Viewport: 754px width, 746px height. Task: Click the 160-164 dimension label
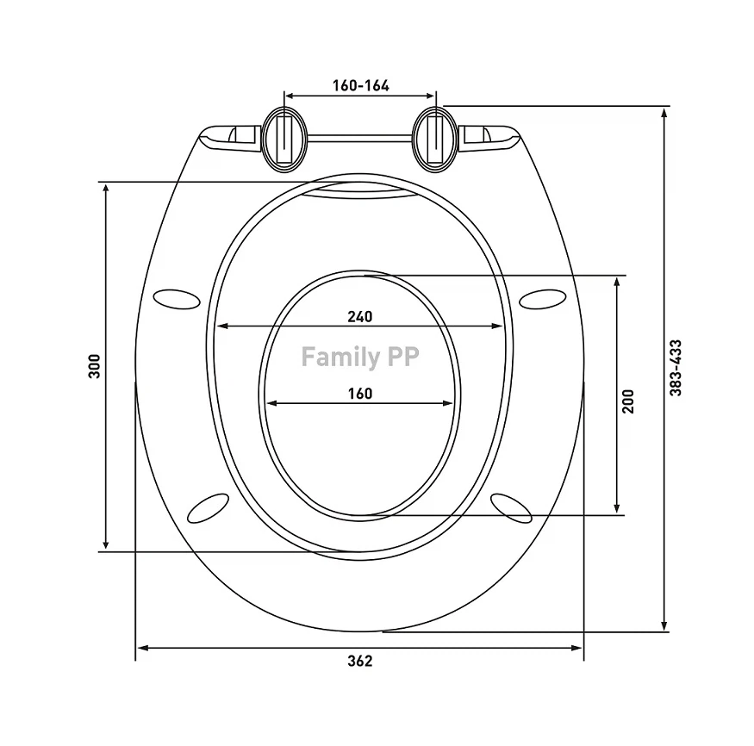pyautogui.click(x=361, y=85)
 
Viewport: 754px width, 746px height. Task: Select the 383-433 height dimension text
pyautogui.click(x=676, y=368)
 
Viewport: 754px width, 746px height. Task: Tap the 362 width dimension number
pyautogui.click(x=360, y=661)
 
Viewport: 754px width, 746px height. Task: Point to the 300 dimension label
pyautogui.click(x=94, y=366)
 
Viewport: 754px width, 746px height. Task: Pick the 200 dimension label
pyautogui.click(x=628, y=401)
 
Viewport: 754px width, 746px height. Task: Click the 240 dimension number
pyautogui.click(x=360, y=316)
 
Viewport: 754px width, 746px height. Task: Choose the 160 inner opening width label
pyautogui.click(x=360, y=394)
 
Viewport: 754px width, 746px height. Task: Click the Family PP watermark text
pyautogui.click(x=360, y=357)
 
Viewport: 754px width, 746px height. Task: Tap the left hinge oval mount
pyautogui.click(x=284, y=139)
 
